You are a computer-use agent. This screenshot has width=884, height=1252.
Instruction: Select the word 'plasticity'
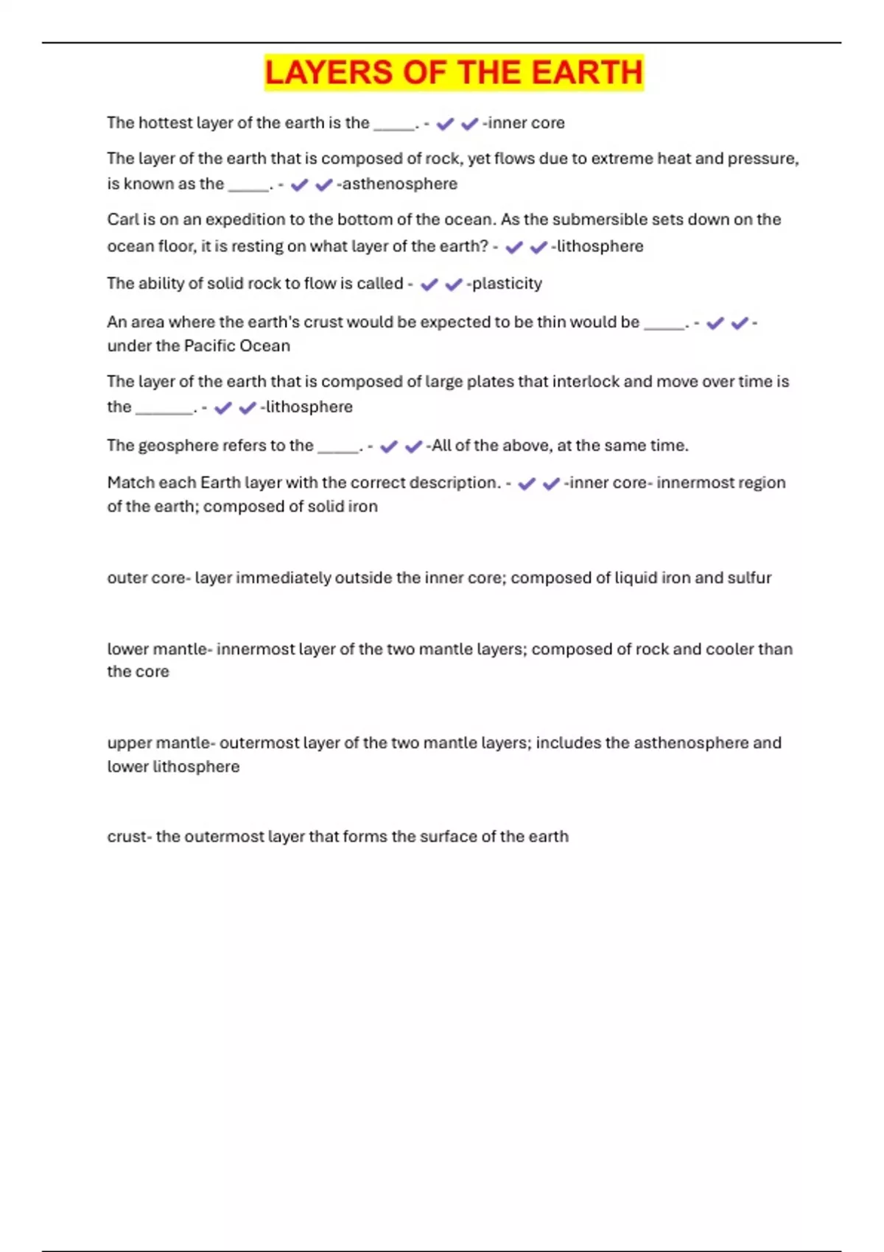click(x=507, y=284)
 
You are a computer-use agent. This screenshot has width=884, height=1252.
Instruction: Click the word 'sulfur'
click(x=749, y=577)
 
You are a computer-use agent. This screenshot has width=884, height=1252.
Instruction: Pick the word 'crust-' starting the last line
click(x=129, y=837)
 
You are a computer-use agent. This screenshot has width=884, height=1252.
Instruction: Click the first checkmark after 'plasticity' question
click(x=429, y=284)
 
